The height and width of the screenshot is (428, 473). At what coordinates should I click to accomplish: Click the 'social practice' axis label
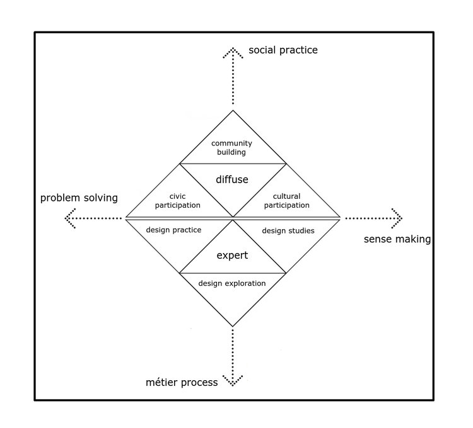283,50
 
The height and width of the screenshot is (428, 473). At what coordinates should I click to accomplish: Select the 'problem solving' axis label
79,198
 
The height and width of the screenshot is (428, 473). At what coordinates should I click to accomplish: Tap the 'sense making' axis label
397,239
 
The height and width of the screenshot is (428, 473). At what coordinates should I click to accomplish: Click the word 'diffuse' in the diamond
232,179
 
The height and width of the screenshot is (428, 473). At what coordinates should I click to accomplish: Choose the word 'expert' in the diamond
232,256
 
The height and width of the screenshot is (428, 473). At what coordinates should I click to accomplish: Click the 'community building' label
232,147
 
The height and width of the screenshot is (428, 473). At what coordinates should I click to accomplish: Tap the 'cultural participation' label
286,200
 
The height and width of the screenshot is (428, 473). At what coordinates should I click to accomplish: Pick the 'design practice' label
173,230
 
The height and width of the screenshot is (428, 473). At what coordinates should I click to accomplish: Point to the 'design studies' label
288,230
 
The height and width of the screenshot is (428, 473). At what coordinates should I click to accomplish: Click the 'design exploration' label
232,283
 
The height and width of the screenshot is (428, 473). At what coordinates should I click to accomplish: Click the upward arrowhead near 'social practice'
233,51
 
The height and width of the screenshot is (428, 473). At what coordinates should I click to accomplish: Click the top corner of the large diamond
233,111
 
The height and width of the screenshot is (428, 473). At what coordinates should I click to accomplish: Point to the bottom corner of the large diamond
233,326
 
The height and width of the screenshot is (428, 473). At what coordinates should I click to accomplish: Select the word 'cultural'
287,196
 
